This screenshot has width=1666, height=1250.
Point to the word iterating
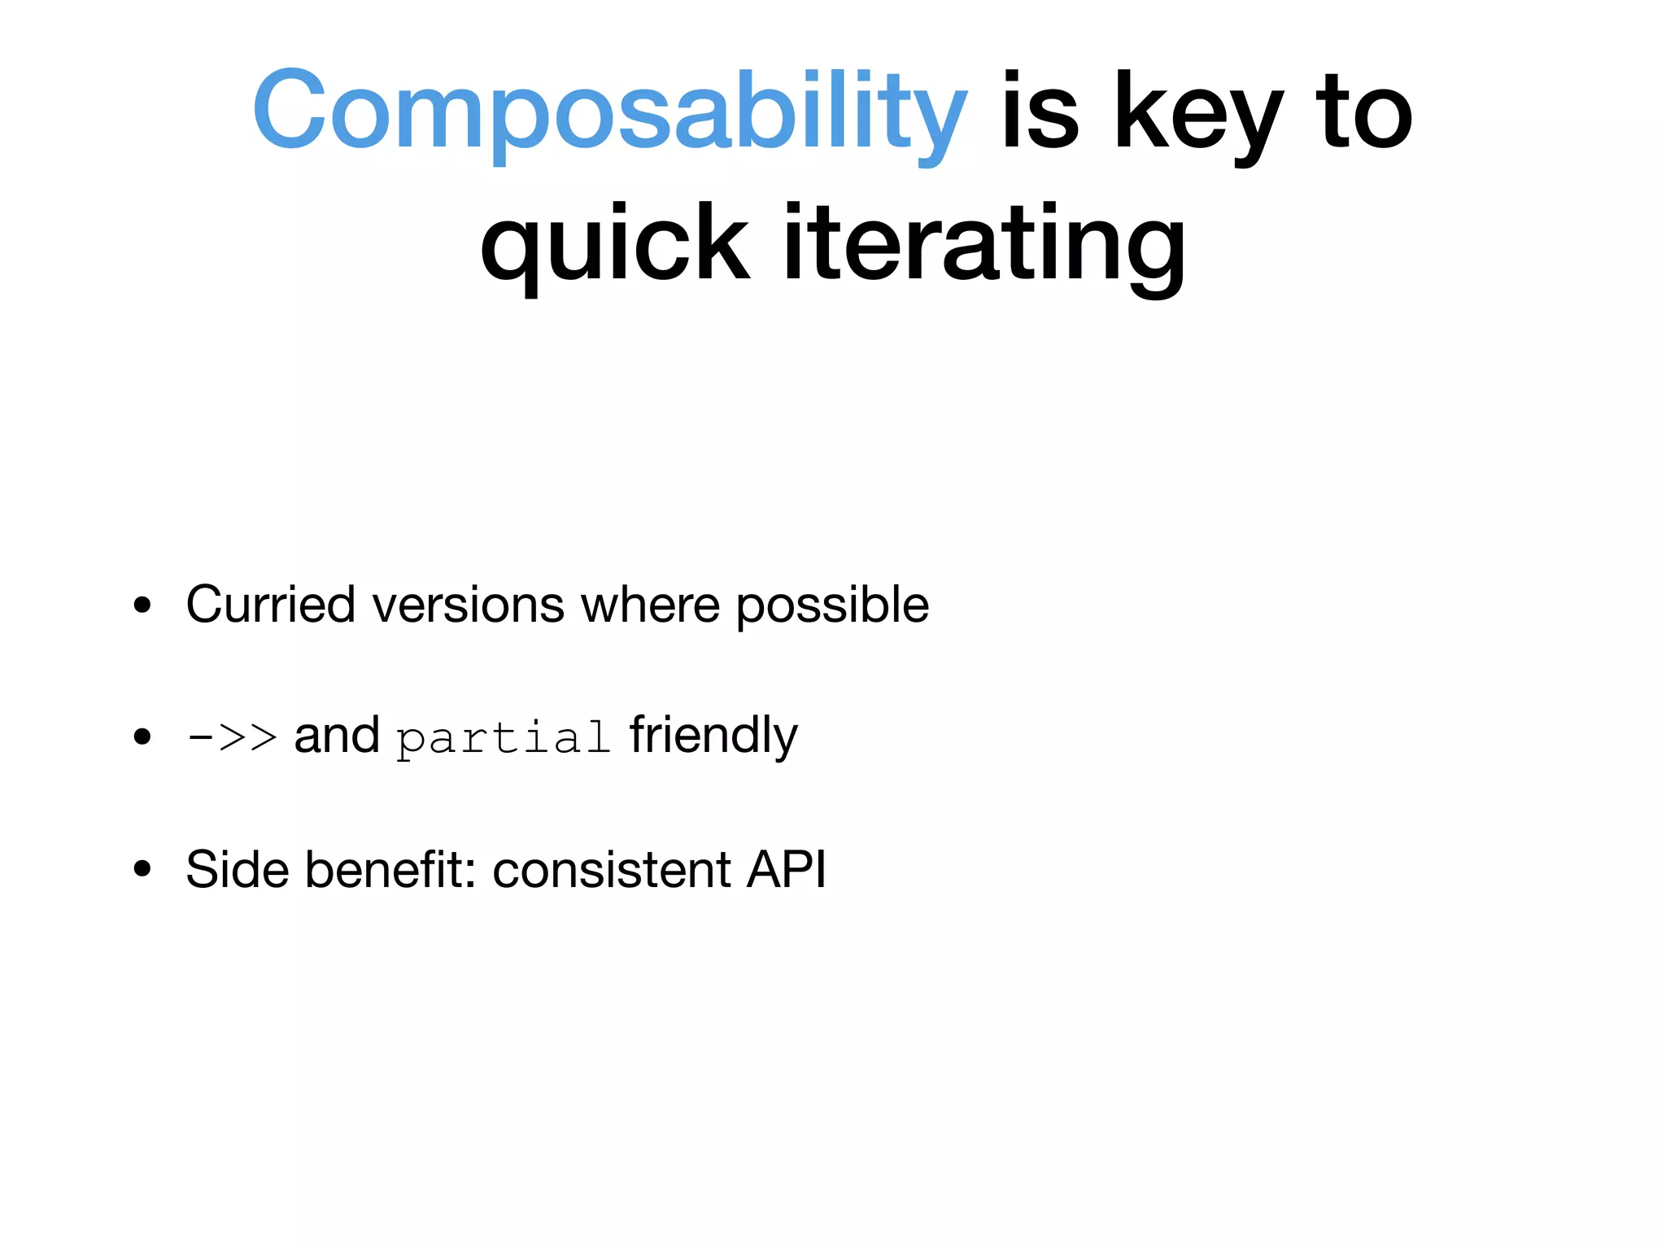point(983,244)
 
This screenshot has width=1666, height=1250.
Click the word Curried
point(271,605)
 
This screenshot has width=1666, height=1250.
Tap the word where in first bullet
point(650,605)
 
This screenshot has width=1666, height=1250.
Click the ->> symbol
point(232,736)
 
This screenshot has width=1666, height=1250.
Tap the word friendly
point(713,736)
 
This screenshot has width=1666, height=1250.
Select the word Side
point(238,869)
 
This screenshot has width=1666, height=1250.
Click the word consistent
point(612,869)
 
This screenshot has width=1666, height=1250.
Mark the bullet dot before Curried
point(143,605)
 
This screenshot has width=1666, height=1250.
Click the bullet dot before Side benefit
point(143,869)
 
